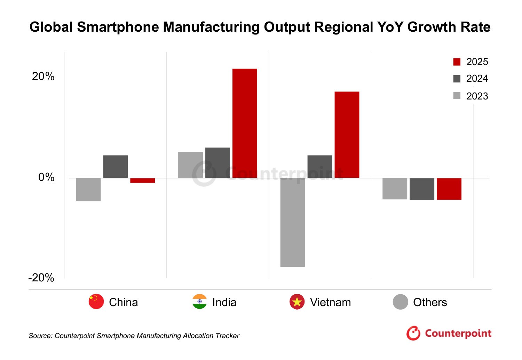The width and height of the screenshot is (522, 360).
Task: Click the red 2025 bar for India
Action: [245, 123]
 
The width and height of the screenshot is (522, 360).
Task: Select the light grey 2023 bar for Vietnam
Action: [292, 222]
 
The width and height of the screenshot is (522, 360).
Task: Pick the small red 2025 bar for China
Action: [142, 180]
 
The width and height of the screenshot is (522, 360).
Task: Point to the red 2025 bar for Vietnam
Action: [347, 135]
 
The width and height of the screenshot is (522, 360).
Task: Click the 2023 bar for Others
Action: [395, 189]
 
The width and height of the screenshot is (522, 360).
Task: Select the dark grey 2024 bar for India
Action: [217, 162]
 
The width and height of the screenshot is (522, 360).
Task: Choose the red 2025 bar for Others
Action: [449, 189]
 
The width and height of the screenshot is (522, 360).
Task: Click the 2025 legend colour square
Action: [457, 62]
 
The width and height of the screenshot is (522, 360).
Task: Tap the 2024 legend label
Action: [477, 79]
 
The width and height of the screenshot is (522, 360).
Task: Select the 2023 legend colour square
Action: [457, 96]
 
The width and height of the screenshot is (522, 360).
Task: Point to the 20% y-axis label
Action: [43, 76]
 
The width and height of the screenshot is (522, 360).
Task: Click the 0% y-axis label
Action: [46, 177]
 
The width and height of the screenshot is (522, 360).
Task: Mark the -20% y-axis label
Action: [41, 278]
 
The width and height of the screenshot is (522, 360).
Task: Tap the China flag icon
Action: [96, 302]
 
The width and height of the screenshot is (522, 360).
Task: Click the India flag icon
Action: [199, 302]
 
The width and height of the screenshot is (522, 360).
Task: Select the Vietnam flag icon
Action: [297, 302]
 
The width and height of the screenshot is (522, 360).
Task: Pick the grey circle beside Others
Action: [400, 302]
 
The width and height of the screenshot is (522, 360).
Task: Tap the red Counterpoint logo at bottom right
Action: [449, 333]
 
